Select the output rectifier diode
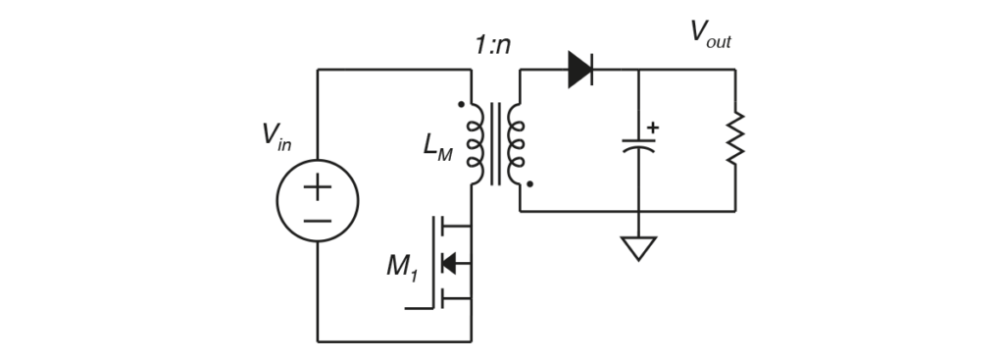coord(581,70)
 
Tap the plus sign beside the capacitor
coord(654,126)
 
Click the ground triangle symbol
coord(638,249)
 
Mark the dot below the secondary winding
coord(529,182)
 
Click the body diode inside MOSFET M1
coord(450,263)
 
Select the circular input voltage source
coord(318,207)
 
